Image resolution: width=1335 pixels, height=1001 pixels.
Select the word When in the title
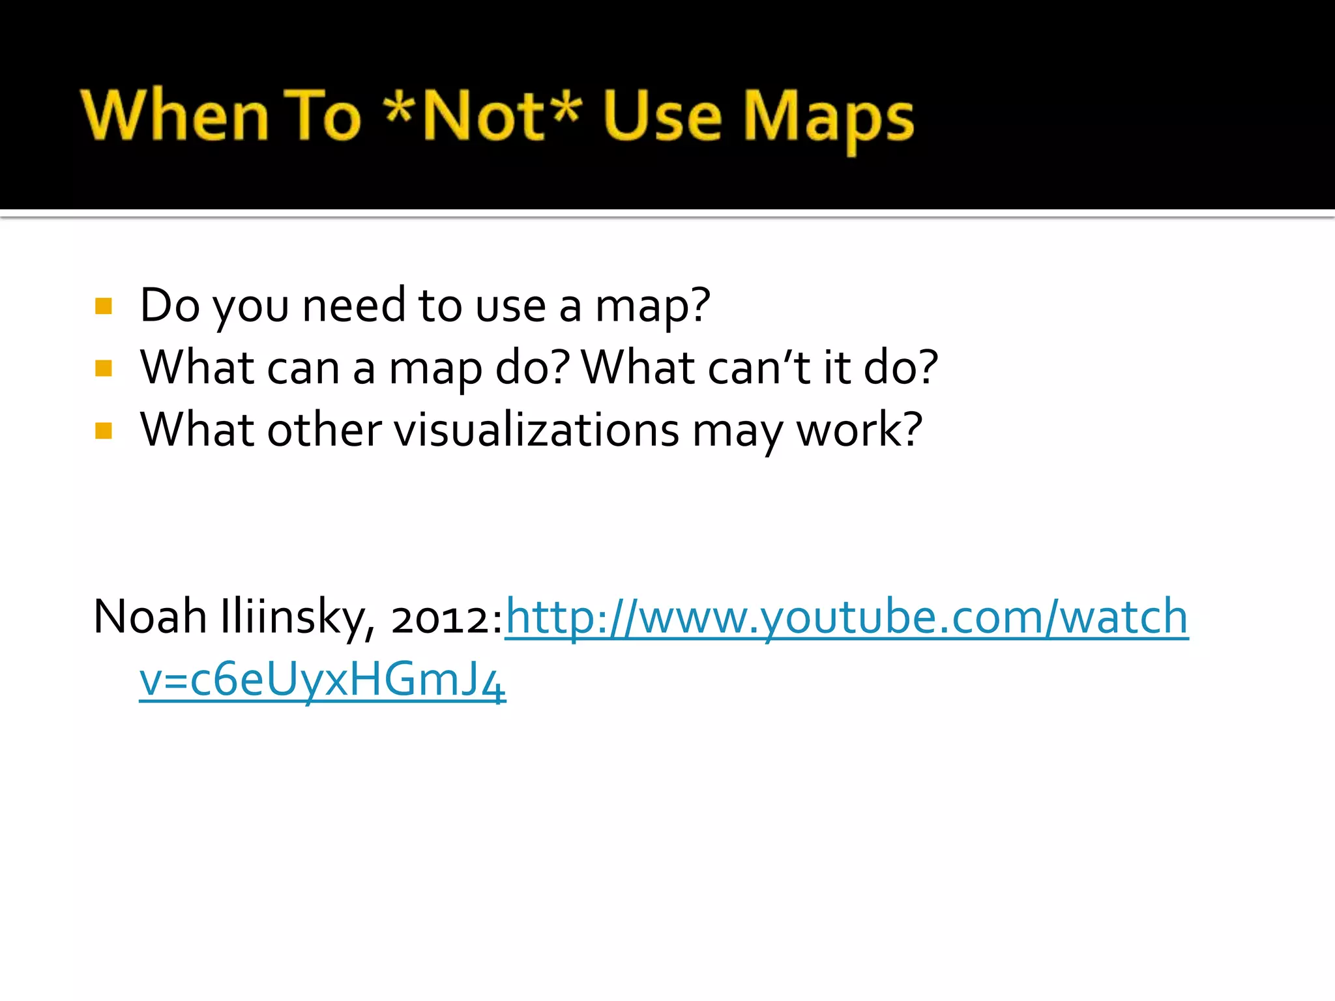[175, 116]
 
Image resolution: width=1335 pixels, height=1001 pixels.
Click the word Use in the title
[662, 116]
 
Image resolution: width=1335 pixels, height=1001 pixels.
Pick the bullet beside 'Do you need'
[104, 306]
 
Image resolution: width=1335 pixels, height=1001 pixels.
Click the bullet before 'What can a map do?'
[104, 369]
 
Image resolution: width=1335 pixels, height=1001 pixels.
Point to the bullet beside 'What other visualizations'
[104, 431]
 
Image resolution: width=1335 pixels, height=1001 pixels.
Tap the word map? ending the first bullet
[652, 306]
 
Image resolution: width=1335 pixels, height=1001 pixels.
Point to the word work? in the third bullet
[859, 430]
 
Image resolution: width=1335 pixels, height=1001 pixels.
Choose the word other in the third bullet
[324, 430]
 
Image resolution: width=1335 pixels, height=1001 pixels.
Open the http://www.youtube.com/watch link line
[846, 617]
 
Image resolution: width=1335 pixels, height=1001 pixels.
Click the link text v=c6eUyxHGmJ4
[322, 680]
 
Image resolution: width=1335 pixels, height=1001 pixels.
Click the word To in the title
[322, 116]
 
